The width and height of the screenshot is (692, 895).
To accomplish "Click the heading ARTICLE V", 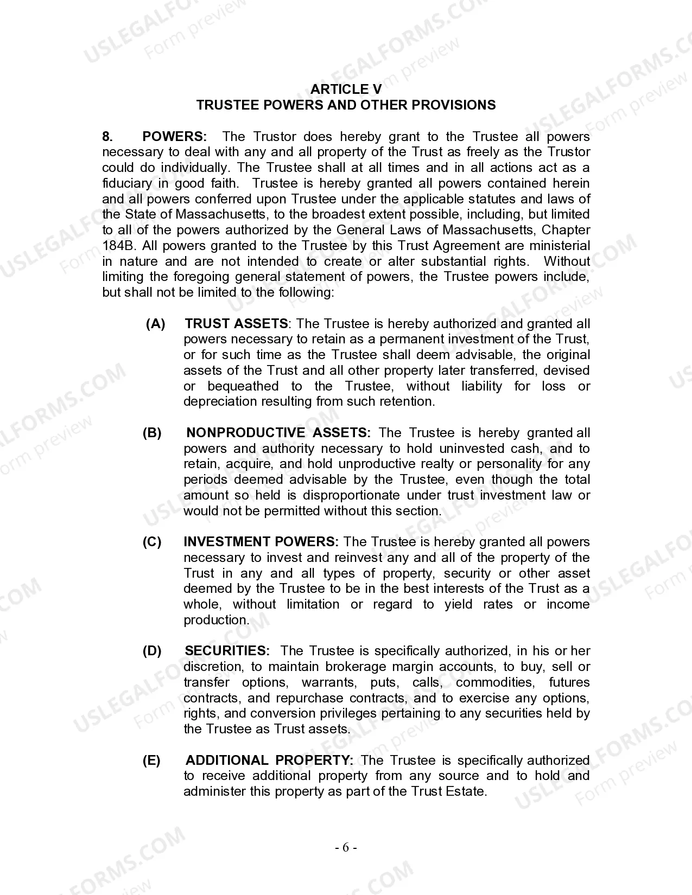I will point(346,90).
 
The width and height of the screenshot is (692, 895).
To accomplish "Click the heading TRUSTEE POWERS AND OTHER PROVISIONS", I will point(346,105).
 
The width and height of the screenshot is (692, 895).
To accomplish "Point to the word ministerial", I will point(559,246).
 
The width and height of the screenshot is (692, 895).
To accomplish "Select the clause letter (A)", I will point(156,324).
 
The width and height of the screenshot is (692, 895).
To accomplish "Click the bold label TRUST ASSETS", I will point(236,324).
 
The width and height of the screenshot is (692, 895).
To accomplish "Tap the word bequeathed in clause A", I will point(243,386).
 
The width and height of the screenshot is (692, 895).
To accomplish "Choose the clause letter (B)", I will point(152,433).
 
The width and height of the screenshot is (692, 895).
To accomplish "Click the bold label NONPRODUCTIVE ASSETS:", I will point(278,433).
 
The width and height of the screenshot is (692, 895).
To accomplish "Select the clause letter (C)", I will point(152,542).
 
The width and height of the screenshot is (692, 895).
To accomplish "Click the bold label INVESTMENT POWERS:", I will point(261,542).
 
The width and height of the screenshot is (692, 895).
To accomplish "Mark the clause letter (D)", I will point(152,651).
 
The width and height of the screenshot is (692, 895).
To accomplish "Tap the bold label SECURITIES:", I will point(227,651).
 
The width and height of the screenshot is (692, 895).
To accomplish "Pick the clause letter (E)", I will point(152,760).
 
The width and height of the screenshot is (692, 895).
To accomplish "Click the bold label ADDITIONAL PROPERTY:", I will point(270,760).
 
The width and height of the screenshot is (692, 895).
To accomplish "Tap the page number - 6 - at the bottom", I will point(346,848).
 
